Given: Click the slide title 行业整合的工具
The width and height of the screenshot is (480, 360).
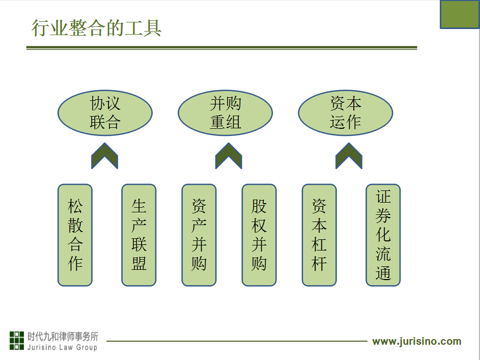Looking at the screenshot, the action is tap(96, 28).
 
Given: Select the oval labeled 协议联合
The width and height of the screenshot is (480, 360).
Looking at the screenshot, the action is tap(105, 113).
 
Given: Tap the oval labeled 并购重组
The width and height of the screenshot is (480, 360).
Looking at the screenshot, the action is tap(225, 113).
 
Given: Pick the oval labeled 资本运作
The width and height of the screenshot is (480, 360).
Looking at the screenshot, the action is tap(346, 113).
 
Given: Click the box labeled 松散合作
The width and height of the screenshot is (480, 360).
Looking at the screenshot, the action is tap(75, 235).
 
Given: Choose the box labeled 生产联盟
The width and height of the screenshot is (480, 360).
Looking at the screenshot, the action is tap(138, 235).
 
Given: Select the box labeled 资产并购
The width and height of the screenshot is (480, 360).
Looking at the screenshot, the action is tap(199, 235).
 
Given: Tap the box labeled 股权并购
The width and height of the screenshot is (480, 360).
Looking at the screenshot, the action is tap(259, 235).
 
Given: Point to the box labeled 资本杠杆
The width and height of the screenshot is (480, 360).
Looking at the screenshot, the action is tap(319, 235).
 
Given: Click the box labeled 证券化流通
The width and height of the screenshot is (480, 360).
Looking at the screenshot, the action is tap(383, 235).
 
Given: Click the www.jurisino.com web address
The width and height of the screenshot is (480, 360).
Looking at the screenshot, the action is tap(417, 341).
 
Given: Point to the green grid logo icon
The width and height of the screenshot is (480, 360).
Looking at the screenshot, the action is tap(16, 341).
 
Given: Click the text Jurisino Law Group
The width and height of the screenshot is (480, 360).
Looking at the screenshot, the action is tap(62, 347).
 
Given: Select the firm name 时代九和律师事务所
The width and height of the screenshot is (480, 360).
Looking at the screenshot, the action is tap(63, 337).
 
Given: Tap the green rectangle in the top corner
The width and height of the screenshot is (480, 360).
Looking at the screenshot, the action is tap(460, 14).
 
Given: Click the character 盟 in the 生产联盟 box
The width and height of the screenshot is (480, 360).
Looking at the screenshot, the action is tap(138, 263).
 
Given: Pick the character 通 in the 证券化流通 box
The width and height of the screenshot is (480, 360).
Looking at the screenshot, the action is tap(383, 273).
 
